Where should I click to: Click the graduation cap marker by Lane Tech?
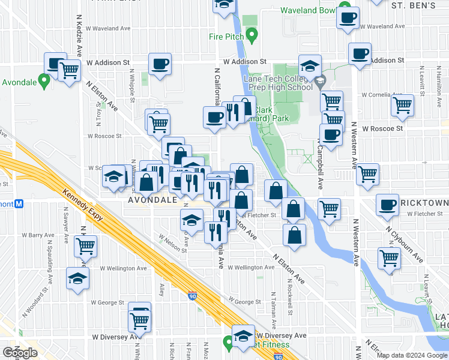(310, 65)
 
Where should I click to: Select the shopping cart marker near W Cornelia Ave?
(402, 105)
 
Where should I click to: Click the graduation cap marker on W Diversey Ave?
(243, 336)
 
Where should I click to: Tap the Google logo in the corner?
(19, 353)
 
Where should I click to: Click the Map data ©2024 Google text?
(412, 355)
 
